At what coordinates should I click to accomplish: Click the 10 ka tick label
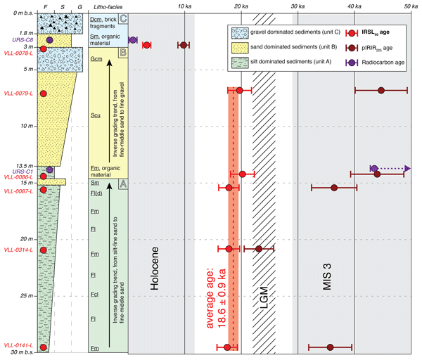coord(184,6)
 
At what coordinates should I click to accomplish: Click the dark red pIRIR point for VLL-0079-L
coord(381,90)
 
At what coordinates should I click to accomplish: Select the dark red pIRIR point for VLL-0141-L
coord(330,347)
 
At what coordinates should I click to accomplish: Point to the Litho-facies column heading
coord(107,6)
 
